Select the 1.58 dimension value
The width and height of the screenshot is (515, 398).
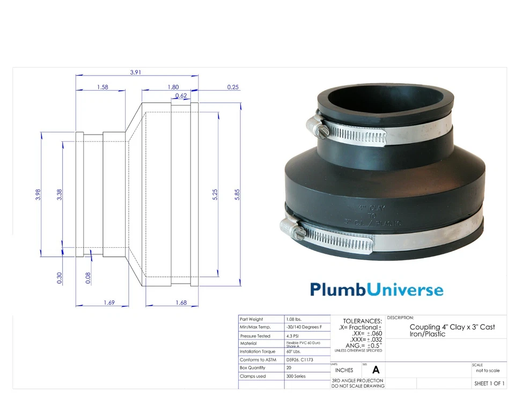(102, 87)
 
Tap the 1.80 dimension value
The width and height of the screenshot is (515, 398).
(173, 87)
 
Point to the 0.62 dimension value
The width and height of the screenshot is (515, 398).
(181, 95)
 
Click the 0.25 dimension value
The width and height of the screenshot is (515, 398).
(233, 87)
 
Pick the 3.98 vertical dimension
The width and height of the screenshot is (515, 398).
(38, 194)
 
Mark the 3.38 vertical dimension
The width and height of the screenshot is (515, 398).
(60, 194)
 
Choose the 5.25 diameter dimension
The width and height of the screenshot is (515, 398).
(215, 194)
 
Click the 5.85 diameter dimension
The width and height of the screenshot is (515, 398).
(237, 194)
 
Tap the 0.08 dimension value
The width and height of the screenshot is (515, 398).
(88, 277)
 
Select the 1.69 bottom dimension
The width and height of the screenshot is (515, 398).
(109, 303)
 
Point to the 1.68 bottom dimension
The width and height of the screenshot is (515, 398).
(181, 303)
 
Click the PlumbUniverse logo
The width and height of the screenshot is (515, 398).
(377, 290)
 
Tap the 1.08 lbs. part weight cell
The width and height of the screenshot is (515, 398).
(295, 320)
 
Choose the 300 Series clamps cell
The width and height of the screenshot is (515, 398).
(296, 376)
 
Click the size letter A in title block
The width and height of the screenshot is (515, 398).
(376, 370)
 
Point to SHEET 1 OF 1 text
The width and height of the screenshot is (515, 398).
(489, 384)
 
